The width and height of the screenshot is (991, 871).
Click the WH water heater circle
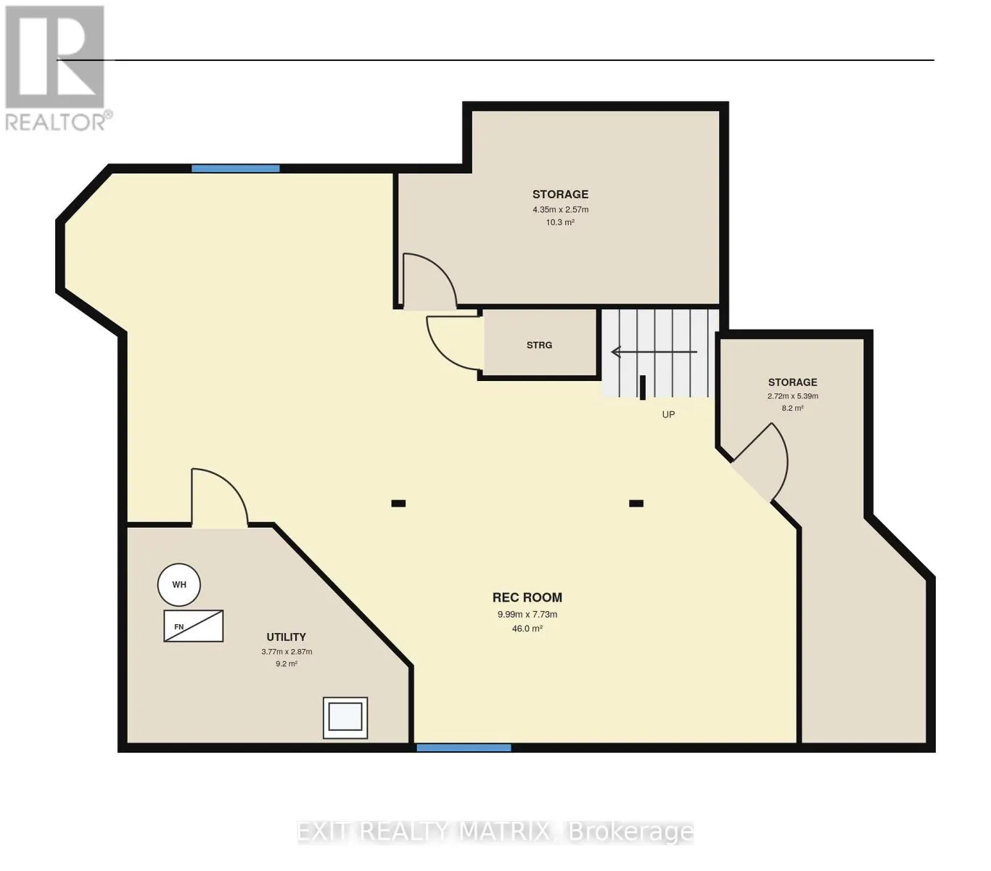point(178,585)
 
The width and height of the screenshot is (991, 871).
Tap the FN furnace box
point(193,626)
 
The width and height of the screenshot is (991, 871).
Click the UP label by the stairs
point(668,414)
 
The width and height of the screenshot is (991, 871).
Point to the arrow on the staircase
point(654,352)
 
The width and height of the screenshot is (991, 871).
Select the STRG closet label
point(539,345)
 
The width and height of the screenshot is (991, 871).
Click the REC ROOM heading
point(527,597)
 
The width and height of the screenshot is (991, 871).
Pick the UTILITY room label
point(286,637)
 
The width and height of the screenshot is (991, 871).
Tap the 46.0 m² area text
point(527,629)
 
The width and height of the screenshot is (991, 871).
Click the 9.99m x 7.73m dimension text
point(527,614)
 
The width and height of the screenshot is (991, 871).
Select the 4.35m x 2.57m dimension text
point(561,210)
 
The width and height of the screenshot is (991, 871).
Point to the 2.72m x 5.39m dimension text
point(792,396)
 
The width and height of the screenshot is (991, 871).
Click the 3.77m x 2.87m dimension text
point(287,651)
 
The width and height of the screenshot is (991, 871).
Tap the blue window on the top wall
point(235,168)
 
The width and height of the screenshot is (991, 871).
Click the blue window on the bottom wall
point(464,748)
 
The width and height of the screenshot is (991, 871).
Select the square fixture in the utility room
point(345,717)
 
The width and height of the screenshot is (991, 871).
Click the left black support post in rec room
point(398,503)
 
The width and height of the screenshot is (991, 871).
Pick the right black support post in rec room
point(636,503)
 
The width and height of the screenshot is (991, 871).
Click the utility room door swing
point(230,483)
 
